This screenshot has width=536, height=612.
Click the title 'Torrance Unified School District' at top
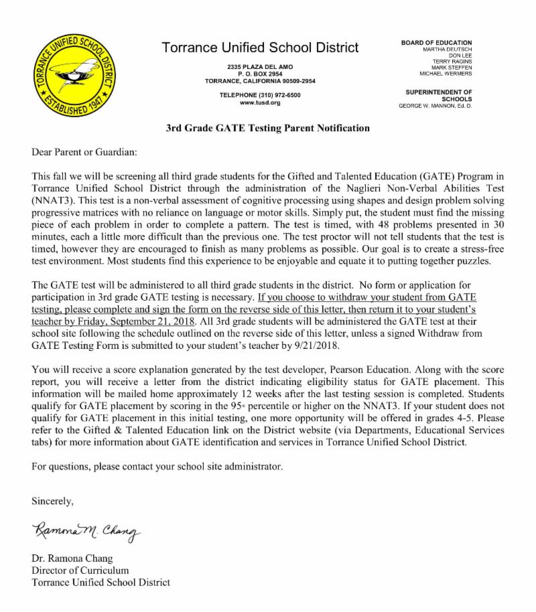tap(260, 48)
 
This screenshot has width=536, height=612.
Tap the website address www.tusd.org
tap(260, 102)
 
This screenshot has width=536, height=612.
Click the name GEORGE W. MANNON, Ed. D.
tap(435, 106)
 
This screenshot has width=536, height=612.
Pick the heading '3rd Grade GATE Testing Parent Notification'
tap(267, 127)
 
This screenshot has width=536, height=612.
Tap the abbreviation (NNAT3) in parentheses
tap(54, 200)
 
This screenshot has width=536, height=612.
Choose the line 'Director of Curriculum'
tap(80, 570)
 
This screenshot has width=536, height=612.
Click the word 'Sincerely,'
tap(53, 500)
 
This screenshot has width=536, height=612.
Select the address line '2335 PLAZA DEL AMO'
tap(260, 67)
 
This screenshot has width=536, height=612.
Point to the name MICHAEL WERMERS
tap(446, 74)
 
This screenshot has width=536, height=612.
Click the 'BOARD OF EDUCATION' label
tap(436, 43)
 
